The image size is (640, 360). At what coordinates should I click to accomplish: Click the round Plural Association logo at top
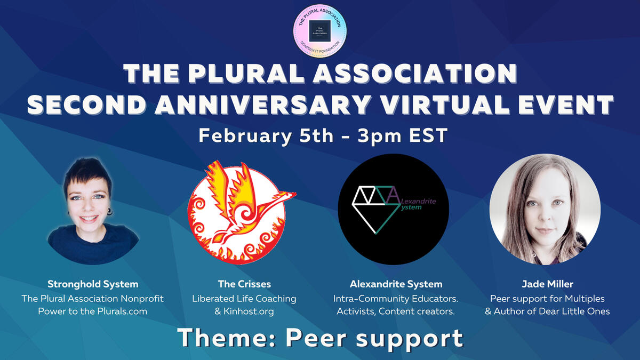pos(320,29)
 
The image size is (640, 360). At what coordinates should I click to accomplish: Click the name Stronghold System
pos(92,284)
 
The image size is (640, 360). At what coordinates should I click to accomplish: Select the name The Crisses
pos(244,284)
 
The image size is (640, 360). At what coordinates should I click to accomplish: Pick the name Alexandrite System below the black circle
pos(396,284)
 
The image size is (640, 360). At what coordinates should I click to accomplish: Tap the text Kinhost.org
pos(249,311)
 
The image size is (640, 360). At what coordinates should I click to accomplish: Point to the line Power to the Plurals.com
pos(92,311)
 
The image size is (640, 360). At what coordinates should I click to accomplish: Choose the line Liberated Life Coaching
pos(244,298)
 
